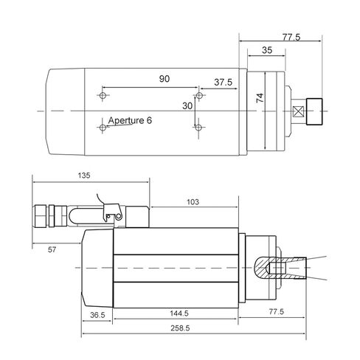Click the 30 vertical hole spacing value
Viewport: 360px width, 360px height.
click(188, 106)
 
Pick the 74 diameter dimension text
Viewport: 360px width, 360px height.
click(259, 99)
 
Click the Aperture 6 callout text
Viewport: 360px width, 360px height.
click(130, 120)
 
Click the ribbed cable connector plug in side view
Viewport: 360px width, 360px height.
click(44, 216)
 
